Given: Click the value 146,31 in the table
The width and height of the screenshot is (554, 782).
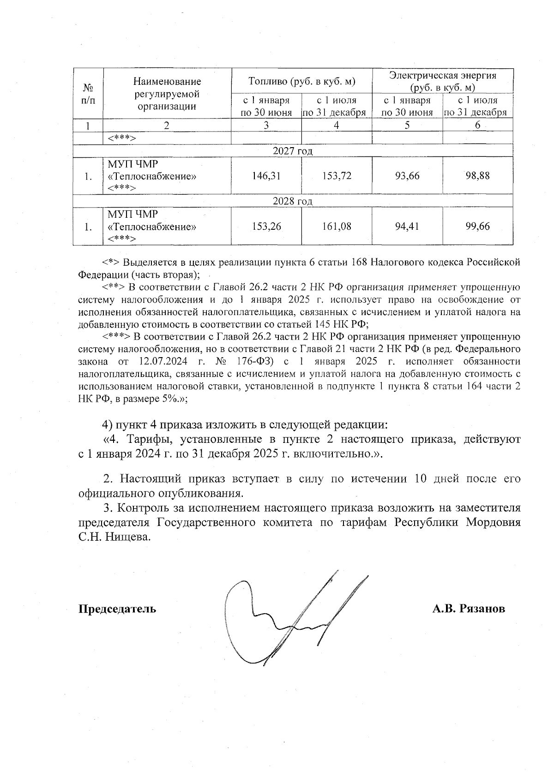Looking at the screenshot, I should pyautogui.click(x=266, y=176).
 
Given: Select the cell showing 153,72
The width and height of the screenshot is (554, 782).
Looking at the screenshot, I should pyautogui.click(x=337, y=176).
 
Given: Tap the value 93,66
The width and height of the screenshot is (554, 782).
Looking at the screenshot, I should pyautogui.click(x=407, y=176).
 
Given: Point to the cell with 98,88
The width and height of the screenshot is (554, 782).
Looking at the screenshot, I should pyautogui.click(x=477, y=176).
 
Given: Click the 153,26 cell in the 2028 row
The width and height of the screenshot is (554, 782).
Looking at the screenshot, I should pyautogui.click(x=266, y=227).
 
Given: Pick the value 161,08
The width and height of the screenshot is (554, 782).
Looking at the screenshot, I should pyautogui.click(x=337, y=227).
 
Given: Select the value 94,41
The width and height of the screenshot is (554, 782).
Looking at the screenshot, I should pyautogui.click(x=407, y=227).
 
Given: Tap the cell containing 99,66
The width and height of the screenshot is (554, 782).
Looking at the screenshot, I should pyautogui.click(x=477, y=227).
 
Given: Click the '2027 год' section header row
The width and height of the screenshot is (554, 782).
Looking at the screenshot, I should pyautogui.click(x=293, y=151).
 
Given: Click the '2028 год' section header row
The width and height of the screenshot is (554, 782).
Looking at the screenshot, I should pyautogui.click(x=293, y=201).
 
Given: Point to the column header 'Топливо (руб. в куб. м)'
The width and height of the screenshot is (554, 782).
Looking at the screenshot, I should pyautogui.click(x=301, y=81).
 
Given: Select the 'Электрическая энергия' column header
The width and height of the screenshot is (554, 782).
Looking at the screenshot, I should pyautogui.click(x=443, y=81).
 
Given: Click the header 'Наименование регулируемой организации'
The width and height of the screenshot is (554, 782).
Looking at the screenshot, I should pyautogui.click(x=167, y=94).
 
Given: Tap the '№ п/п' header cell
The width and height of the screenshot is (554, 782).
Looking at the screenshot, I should pyautogui.click(x=88, y=94).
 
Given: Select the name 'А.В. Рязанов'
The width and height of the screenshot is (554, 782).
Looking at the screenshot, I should pyautogui.click(x=469, y=609).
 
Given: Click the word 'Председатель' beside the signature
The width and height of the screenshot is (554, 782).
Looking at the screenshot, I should pyautogui.click(x=117, y=609).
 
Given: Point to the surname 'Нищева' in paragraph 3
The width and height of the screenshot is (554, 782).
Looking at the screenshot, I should pyautogui.click(x=126, y=537).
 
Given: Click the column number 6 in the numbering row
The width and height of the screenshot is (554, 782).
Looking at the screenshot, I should pyautogui.click(x=477, y=125).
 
